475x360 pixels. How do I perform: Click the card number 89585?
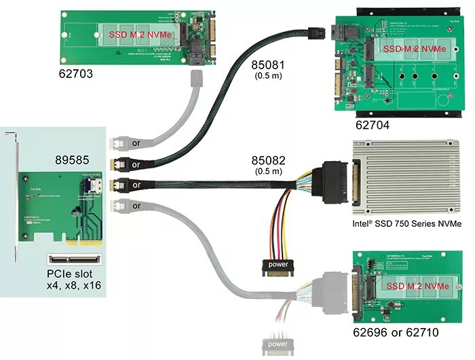pos(77,161)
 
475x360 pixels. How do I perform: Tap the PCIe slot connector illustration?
pos(73,259)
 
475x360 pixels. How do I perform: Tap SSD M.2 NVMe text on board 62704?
pos(415,50)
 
